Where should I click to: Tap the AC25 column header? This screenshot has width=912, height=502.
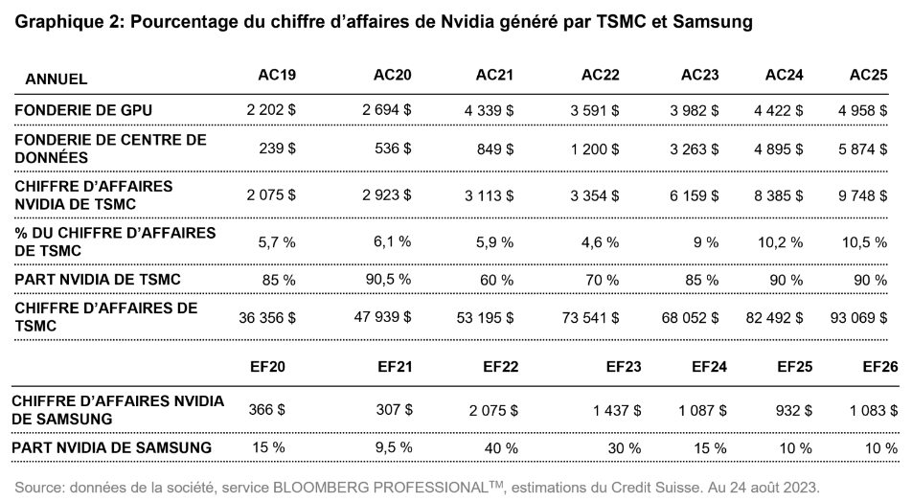[x=868, y=76]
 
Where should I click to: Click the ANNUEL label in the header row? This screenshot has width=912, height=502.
[x=57, y=78]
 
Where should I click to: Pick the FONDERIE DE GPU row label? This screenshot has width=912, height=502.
[x=83, y=110]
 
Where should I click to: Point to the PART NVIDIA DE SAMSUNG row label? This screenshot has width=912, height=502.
[x=112, y=447]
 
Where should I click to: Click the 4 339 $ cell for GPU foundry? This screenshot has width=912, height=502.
[x=489, y=110]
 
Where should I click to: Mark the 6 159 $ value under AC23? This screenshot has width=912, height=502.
[x=696, y=194]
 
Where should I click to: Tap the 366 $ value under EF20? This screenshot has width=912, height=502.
[x=267, y=409]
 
